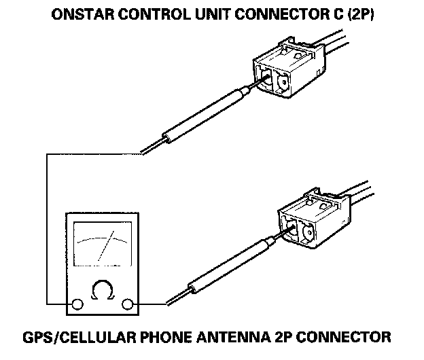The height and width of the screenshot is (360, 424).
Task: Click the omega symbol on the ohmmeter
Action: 102,291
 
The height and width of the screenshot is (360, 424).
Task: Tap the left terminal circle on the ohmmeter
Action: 77,304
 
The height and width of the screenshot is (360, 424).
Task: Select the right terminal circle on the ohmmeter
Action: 127,304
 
